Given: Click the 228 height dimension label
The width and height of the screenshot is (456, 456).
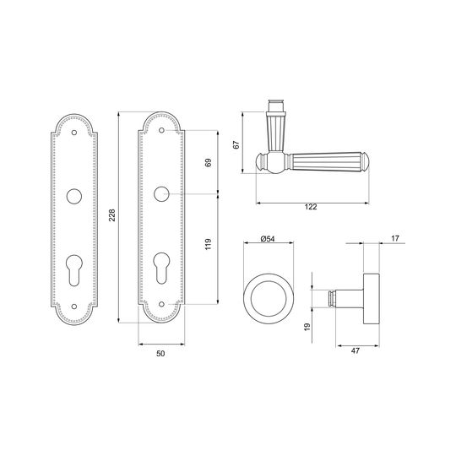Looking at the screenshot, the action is [112, 215].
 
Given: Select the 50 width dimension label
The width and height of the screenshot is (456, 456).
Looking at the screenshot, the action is [160, 353].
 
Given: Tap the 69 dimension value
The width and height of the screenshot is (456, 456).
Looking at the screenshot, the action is [209, 163].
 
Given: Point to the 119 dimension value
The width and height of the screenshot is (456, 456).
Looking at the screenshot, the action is [209, 244].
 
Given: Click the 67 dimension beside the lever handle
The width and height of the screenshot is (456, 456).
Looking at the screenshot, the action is [236, 144].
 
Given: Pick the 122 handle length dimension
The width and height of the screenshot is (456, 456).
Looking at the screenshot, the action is [311, 207].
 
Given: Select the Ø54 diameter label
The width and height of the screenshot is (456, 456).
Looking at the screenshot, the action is [268, 239].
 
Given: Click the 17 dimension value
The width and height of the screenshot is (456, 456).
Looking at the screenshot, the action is [395, 238].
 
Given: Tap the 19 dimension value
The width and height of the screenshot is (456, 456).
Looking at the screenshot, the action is [307, 327].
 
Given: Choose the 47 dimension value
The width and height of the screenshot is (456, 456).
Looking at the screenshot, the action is [355, 350].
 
